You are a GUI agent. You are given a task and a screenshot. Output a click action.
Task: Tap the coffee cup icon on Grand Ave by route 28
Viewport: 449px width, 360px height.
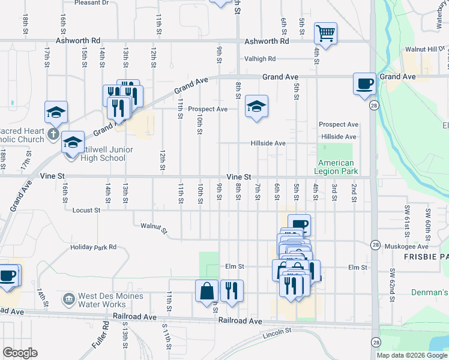(364, 84)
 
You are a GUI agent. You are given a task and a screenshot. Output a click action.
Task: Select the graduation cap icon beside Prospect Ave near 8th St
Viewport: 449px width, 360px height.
(256, 107)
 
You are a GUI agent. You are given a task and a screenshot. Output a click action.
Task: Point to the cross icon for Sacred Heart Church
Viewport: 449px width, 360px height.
(53, 134)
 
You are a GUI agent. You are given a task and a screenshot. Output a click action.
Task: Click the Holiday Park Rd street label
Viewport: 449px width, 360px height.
(93, 247)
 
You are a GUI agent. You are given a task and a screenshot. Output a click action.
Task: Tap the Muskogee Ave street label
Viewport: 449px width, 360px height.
(406, 246)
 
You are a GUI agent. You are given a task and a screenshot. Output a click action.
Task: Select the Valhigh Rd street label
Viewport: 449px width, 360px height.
(259, 59)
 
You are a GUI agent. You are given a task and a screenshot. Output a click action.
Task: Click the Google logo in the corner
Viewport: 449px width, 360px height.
(20, 353)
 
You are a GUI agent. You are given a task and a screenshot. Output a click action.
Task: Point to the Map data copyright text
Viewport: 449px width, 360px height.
(412, 355)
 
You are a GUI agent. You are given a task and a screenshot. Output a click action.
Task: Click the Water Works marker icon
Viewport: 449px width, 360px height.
(69, 298)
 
